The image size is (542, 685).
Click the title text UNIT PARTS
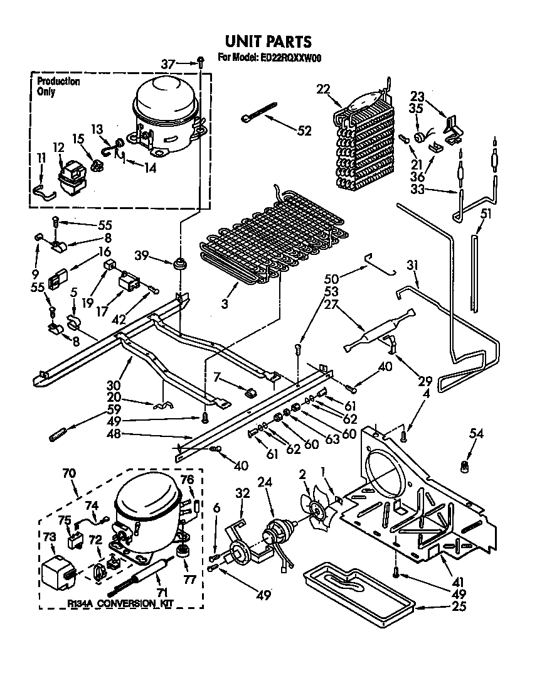268,41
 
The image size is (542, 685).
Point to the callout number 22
323,90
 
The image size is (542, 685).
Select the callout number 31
412,266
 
